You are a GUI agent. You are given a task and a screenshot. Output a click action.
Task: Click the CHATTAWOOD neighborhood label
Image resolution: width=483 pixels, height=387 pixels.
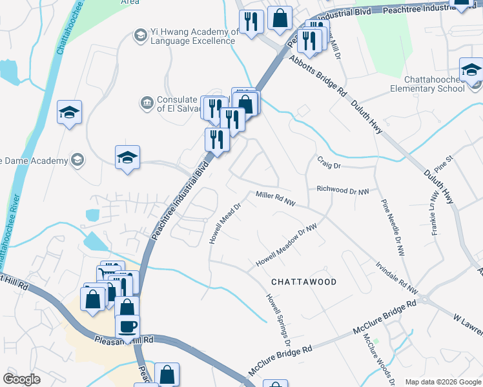(303, 282)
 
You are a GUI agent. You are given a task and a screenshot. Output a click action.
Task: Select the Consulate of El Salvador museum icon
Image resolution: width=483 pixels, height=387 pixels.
(147, 102)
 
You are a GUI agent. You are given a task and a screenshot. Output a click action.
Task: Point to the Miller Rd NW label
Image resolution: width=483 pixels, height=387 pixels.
(276, 199)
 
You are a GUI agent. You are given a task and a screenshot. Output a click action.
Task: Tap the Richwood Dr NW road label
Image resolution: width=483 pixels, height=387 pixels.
(343, 190)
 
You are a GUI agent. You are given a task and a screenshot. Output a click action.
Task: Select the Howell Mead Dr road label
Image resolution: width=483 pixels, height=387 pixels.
(224, 223)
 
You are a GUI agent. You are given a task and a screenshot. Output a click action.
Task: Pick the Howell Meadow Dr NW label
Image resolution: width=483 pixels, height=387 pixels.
(287, 246)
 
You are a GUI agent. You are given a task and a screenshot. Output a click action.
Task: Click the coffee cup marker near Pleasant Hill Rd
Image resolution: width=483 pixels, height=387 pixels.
(127, 326)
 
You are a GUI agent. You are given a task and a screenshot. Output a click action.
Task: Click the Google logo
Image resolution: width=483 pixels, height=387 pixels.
(21, 379)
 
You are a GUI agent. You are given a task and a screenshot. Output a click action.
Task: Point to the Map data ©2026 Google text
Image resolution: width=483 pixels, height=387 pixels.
(442, 382)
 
